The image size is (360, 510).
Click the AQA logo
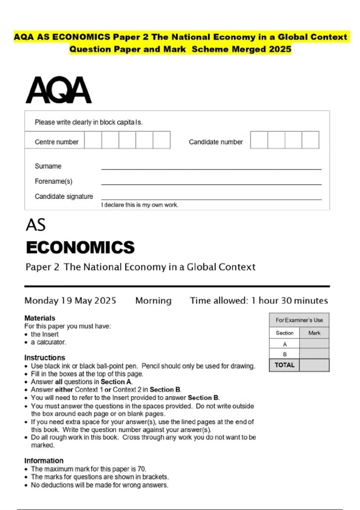tap(59, 90)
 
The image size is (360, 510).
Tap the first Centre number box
tap(93, 140)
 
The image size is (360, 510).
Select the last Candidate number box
tap(310, 140)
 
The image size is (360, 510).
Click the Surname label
tap(48, 166)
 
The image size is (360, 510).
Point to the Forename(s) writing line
tap(211, 184)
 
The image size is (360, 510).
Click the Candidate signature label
tap(64, 196)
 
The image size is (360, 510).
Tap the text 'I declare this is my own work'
tap(139, 205)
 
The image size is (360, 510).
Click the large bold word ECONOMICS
tap(80, 247)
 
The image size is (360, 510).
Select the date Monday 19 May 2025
tap(70, 301)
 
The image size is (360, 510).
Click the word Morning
tap(153, 301)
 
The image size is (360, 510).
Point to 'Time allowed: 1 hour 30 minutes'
tap(259, 301)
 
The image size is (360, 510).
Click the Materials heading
tap(40, 318)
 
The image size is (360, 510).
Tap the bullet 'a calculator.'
tap(48, 342)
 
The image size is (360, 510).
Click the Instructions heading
tap(45, 358)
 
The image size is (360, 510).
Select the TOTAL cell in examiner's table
tap(284, 365)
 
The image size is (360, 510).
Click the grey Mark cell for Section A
tap(314, 344)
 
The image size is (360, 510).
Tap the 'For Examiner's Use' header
tap(299, 320)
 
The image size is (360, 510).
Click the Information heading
tap(44, 460)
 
